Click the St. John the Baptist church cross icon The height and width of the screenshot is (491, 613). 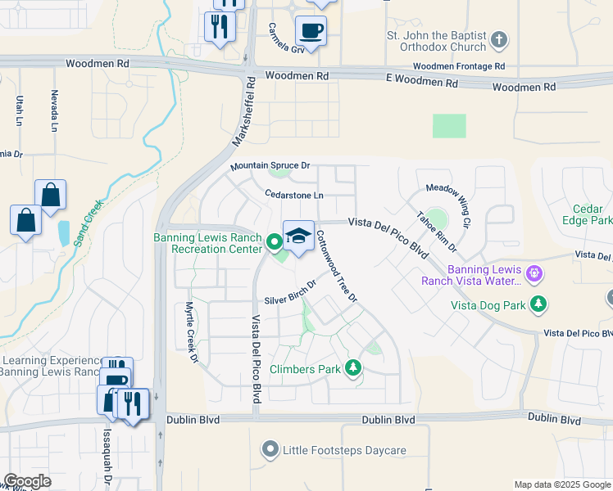coord(499,38)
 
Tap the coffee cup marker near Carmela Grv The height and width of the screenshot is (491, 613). coord(311,32)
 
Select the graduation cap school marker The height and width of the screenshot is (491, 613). coord(298,236)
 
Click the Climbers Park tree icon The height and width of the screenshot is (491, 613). coord(353,368)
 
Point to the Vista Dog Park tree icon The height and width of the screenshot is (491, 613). coord(538,304)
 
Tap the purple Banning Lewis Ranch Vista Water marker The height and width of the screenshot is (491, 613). coord(535,272)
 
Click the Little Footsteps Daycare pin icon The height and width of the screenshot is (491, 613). coord(270,449)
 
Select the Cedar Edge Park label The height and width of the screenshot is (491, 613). coord(588,214)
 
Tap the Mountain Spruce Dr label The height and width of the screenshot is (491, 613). coord(270,166)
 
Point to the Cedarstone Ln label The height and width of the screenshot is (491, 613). coord(294,195)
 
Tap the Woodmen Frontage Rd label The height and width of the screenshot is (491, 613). coord(459,66)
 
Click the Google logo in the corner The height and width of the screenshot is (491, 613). coord(28,480)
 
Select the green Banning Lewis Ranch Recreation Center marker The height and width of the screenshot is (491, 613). coord(273,241)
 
